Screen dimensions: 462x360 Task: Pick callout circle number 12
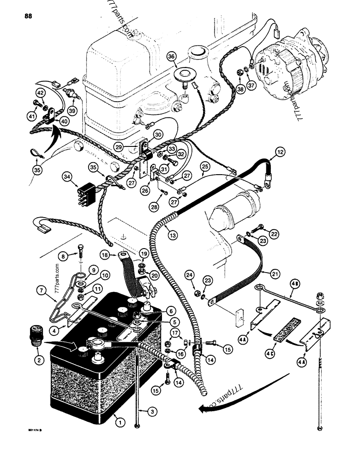281,152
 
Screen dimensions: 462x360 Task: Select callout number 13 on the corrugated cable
172,235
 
